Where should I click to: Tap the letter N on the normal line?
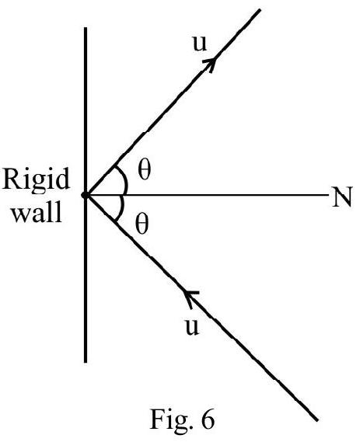pos(342,197)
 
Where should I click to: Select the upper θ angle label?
pos(145,170)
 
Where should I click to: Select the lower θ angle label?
pos(142,224)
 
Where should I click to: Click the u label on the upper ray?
pos(200,44)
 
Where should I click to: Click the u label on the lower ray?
pos(192,327)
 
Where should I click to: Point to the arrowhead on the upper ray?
pos(211,64)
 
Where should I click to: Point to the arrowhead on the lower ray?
pos(190,298)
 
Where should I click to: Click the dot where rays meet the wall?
pos(85,195)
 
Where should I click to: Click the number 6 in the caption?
pos(208,419)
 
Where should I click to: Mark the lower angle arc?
pos(121,209)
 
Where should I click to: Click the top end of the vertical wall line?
pos(86,27)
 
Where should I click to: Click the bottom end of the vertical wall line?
pos(86,362)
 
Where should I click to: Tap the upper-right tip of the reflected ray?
pos(260,10)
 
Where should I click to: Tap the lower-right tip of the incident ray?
pos(317,420)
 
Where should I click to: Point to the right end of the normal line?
pos(329,195)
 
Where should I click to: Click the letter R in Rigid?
pos(12,179)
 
